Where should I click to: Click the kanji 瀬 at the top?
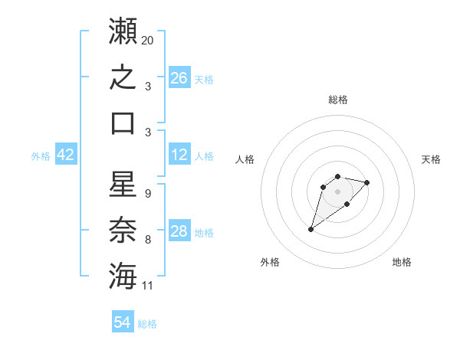[x=123, y=31]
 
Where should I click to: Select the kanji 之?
[x=123, y=77]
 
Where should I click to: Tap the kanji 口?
[x=123, y=124]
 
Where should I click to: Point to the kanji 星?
[x=123, y=184]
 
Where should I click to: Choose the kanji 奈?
[x=123, y=230]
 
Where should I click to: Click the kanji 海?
[x=123, y=276]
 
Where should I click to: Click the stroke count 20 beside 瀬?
[x=147, y=41]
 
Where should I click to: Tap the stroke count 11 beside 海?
[x=147, y=286]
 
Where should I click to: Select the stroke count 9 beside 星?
[x=148, y=194]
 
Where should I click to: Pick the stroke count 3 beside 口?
[x=148, y=133]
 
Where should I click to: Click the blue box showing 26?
[x=179, y=77]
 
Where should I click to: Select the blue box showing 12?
[x=179, y=154]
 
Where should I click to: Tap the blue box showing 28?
[x=179, y=230]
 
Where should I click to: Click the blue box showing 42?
[x=66, y=154]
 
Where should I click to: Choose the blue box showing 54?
[x=123, y=321]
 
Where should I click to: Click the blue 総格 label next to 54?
[x=147, y=324]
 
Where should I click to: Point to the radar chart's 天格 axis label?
[x=431, y=159]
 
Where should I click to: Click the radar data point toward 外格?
[x=310, y=229]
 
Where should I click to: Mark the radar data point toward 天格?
[x=366, y=182]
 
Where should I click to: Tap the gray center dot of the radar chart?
[x=337, y=191]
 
